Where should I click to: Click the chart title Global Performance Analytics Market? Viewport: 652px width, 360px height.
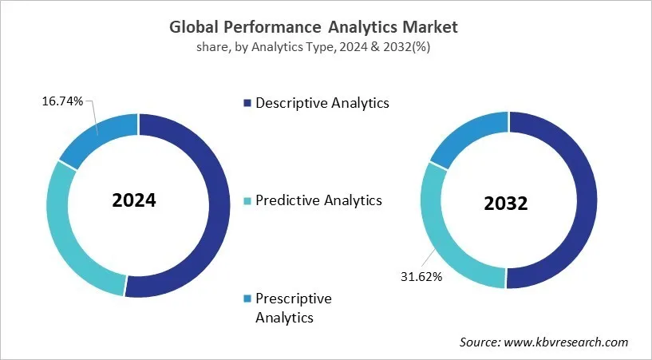coord(314,26)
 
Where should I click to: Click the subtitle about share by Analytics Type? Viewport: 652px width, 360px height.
coord(314,47)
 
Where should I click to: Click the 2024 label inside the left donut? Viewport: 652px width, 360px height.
coord(134,200)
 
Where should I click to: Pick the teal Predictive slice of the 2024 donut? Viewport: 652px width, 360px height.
coord(72,239)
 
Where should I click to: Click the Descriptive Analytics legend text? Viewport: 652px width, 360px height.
coord(322,103)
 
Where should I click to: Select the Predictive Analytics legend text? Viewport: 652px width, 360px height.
coord(318,200)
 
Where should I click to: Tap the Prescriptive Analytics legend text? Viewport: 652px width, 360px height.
coord(293,307)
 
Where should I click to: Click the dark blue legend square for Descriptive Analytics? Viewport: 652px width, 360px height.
coord(247,103)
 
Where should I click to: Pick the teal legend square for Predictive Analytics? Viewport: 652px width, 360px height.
coord(247,200)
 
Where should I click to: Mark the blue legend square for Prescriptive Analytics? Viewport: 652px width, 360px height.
coord(247,299)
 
